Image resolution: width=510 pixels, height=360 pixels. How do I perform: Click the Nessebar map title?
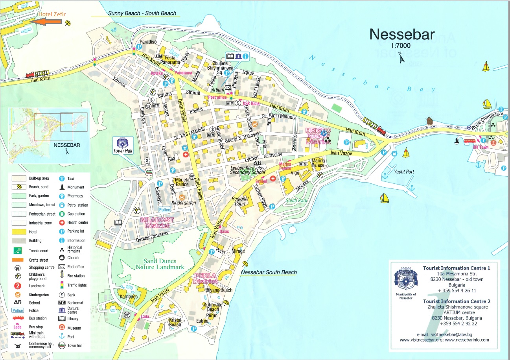[x=401, y=35]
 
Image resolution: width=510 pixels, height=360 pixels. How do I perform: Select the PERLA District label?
[x=205, y=279]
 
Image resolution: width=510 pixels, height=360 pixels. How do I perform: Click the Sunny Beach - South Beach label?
[x=142, y=13]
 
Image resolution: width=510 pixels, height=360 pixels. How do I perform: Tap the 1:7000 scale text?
[x=401, y=46]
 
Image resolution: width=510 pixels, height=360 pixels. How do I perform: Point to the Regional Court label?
[x=240, y=201]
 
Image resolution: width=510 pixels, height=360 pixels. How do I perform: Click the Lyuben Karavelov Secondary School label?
[x=248, y=170]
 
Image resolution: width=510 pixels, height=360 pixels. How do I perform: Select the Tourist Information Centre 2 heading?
[x=456, y=301]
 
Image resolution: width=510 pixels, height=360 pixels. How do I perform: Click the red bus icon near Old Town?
[x=469, y=141]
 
